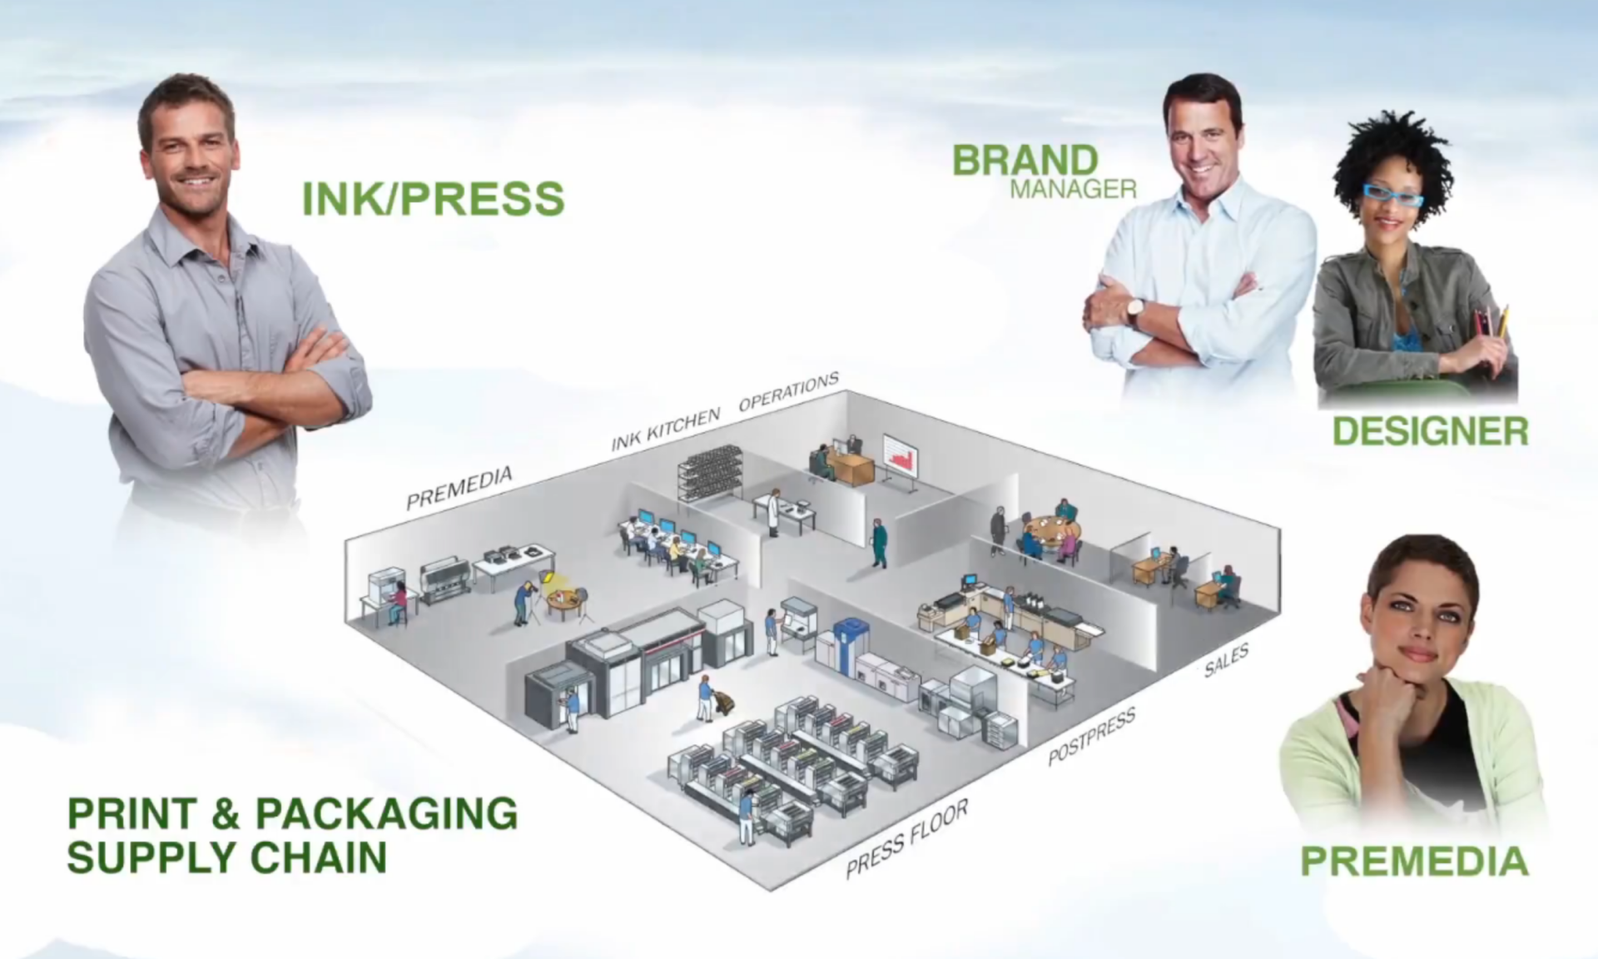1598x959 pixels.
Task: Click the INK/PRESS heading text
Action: click(x=433, y=199)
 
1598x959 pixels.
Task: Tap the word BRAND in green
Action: click(x=1025, y=161)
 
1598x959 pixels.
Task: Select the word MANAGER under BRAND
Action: click(x=1073, y=190)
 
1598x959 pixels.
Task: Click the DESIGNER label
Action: click(x=1430, y=431)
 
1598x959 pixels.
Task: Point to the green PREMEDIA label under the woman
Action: click(x=1414, y=861)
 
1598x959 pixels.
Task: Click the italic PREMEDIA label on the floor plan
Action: click(x=459, y=489)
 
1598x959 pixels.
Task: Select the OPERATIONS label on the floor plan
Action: click(x=788, y=392)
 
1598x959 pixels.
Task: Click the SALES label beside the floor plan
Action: click(x=1226, y=661)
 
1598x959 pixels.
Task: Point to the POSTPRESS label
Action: click(x=1091, y=738)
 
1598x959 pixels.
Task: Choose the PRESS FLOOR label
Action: click(x=906, y=838)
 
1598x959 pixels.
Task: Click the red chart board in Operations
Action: click(x=901, y=455)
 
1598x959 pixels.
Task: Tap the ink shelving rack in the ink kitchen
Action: click(x=709, y=473)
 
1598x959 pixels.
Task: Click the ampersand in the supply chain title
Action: click(x=225, y=814)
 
